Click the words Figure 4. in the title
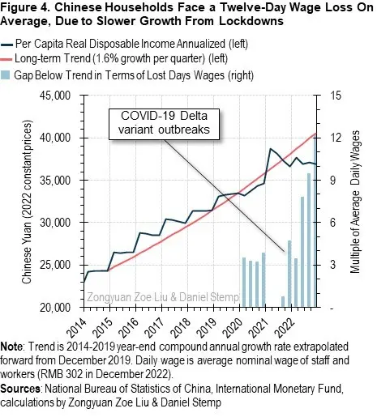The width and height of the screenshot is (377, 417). tap(26, 7)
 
